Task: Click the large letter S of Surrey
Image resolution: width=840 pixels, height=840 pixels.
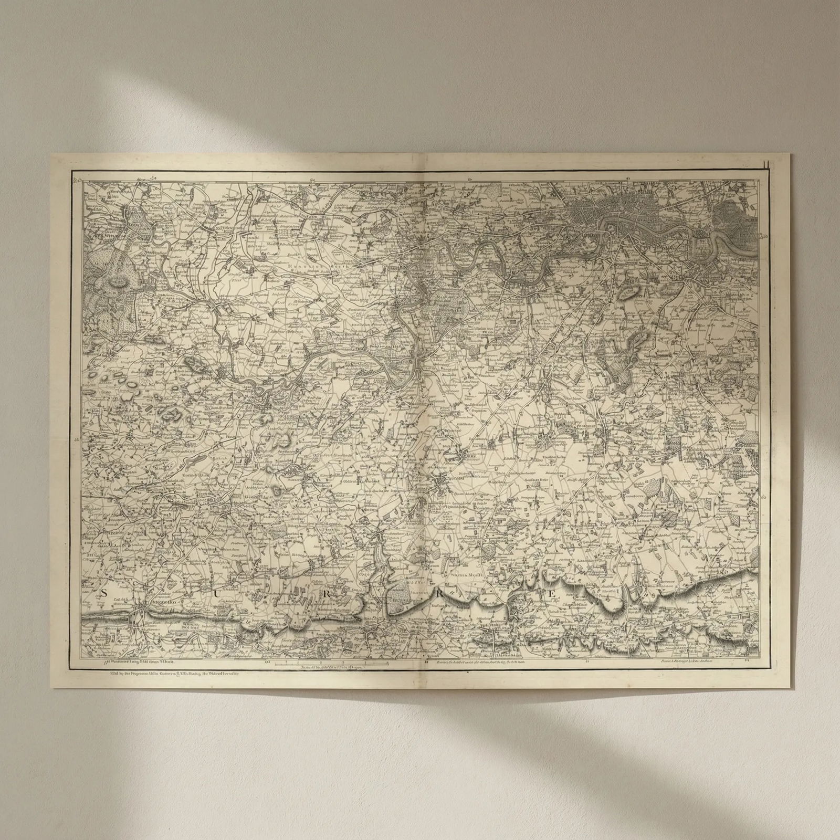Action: [104, 593]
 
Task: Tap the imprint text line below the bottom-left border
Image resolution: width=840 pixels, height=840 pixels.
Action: [173, 673]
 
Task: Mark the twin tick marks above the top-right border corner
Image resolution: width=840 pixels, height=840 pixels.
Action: [766, 164]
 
